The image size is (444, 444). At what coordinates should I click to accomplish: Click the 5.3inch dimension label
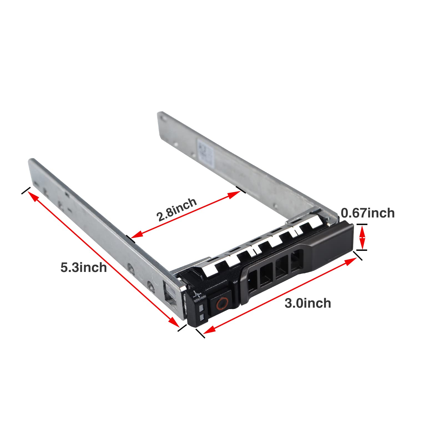coord(84,268)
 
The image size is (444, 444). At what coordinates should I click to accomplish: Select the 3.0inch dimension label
coord(308,303)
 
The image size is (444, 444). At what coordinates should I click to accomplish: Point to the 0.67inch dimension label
coord(368,213)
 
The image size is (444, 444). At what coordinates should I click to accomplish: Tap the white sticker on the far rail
coord(204,152)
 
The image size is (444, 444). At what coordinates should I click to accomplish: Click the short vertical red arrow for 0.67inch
coord(362,238)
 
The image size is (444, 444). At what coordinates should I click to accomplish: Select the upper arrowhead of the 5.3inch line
coord(32,196)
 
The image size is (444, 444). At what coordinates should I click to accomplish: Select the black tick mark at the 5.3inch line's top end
coord(26,190)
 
